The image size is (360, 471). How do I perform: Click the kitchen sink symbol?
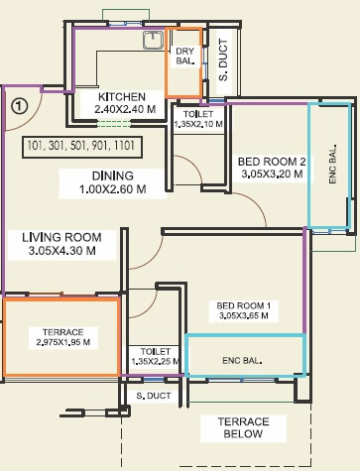click(153, 40)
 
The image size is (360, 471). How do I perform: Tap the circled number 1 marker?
click(20, 106)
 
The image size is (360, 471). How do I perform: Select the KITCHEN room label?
click(122, 97)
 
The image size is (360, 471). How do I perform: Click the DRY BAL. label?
click(184, 56)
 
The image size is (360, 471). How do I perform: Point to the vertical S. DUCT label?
click(224, 59)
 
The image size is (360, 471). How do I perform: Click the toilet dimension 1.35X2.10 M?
click(198, 124)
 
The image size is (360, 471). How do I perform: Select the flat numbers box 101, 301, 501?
click(82, 147)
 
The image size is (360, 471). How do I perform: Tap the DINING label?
click(113, 176)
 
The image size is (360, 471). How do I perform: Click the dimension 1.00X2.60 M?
click(112, 189)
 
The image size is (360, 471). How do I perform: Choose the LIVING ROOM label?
click(61, 237)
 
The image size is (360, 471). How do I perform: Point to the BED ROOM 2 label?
click(272, 162)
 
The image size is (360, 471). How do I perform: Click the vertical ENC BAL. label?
click(332, 164)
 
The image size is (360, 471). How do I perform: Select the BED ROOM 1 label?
click(243, 305)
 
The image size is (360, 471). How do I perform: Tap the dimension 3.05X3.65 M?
click(243, 316)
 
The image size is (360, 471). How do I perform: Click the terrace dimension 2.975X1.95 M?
click(63, 342)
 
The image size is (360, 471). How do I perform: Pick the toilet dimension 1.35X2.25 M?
click(156, 361)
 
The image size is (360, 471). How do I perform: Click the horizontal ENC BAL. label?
click(242, 360)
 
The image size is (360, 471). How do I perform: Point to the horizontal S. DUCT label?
click(154, 396)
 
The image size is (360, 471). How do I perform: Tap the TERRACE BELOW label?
click(243, 427)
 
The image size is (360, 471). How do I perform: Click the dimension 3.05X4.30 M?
click(62, 251)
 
